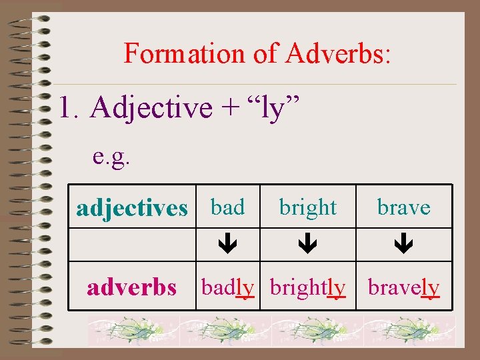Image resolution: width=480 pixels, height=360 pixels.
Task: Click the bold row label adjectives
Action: point(132,208)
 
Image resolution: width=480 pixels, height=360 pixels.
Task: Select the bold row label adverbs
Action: point(132,287)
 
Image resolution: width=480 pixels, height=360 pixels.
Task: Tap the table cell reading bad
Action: point(227,207)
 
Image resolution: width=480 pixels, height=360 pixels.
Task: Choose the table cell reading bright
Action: point(307,207)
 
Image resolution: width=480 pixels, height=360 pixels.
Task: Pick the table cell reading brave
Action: point(403,207)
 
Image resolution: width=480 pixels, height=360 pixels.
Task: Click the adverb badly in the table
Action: point(227,287)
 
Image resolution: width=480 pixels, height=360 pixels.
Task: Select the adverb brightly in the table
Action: point(307,287)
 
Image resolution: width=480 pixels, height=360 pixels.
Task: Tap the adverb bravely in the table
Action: point(403,287)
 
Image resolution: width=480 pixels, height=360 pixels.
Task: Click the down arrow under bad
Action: point(227,245)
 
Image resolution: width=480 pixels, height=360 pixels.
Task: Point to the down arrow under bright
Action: point(307,245)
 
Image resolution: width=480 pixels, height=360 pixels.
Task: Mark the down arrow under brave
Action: point(403,245)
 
